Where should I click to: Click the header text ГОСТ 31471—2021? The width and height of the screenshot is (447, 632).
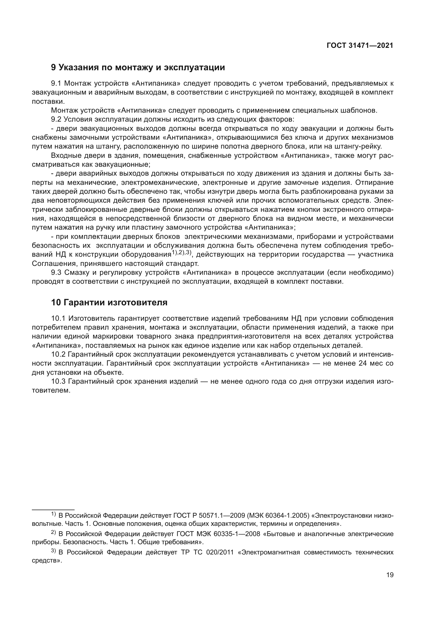[360, 45]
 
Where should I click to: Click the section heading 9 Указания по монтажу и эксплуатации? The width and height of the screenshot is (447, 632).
[138, 68]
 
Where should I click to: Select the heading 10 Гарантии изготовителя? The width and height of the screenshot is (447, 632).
[109, 303]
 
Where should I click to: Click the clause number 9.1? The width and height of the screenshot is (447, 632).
[56, 83]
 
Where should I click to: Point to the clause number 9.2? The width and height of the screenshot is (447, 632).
[56, 119]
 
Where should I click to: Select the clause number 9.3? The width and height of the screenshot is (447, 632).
[56, 273]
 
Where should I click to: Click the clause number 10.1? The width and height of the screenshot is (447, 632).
[58, 319]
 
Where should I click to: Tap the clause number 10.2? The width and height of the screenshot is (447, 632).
[58, 355]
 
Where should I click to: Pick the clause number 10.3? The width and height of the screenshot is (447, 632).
[58, 382]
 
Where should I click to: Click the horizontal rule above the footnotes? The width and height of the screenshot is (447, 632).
[53, 510]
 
